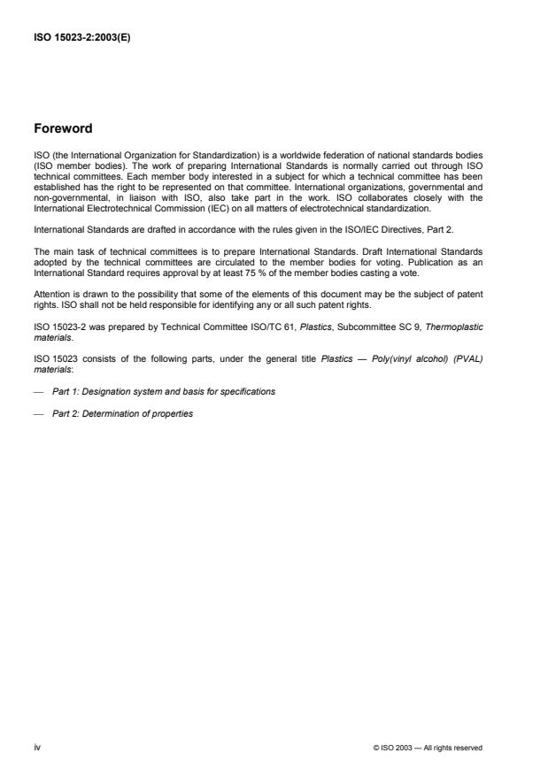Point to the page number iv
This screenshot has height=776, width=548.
click(x=38, y=748)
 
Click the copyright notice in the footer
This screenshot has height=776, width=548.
click(x=428, y=748)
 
